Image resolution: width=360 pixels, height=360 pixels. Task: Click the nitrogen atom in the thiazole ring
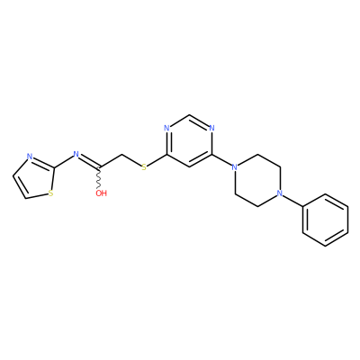[30, 157]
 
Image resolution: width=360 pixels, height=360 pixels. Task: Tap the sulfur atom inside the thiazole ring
[51, 193]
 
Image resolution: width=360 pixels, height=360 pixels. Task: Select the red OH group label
[101, 193]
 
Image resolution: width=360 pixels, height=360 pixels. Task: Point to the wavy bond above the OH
[99, 177]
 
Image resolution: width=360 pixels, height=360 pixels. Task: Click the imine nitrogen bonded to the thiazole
[76, 155]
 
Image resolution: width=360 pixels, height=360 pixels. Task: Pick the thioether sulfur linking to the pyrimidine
[144, 167]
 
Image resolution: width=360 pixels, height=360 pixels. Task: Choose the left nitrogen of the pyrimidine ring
[166, 129]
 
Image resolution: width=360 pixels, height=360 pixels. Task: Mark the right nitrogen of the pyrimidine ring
[211, 129]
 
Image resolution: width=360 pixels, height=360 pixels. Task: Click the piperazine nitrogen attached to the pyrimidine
[235, 167]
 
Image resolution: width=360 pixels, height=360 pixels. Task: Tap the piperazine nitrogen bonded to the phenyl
[280, 193]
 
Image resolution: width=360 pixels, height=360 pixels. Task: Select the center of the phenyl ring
[325, 220]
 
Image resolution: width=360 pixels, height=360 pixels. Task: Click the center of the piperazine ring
[257, 180]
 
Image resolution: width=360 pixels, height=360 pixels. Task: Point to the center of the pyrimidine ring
[189, 141]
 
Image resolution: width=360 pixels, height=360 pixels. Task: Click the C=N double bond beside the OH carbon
[89, 162]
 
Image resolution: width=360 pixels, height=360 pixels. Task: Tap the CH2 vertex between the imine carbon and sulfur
[121, 155]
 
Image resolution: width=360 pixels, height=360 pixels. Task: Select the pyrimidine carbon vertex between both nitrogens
[189, 115]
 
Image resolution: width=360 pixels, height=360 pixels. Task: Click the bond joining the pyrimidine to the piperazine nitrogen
[221, 160]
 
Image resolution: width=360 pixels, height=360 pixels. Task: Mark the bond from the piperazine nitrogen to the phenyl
[292, 201]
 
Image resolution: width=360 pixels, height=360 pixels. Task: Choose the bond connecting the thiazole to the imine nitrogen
[64, 162]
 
